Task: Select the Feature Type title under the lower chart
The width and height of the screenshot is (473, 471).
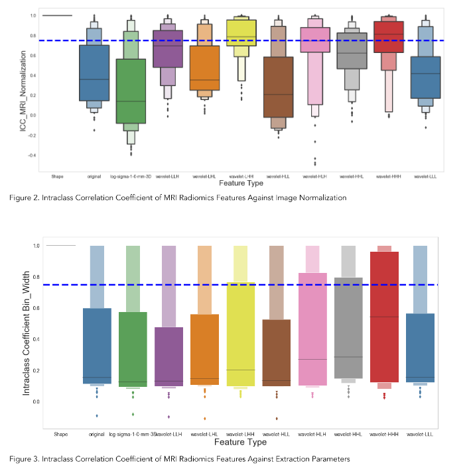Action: [x=239, y=442]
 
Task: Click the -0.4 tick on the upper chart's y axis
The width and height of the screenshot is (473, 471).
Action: [x=33, y=156]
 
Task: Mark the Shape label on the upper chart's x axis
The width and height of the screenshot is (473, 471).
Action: [x=57, y=177]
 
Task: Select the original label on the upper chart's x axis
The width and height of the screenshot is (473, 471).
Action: [x=94, y=177]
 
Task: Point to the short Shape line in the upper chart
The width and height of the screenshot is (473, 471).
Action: [x=57, y=15]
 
